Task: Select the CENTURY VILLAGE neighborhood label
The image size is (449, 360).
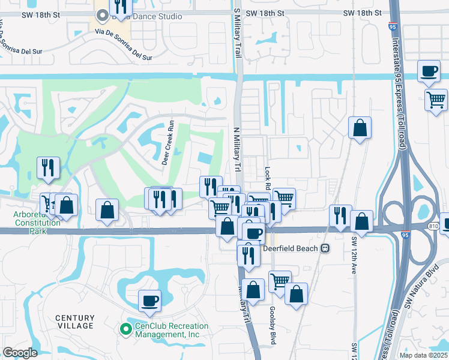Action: pos(75,322)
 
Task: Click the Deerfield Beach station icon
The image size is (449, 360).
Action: pos(325,248)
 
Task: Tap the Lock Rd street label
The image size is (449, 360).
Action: pos(265,172)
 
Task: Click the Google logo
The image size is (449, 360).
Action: pos(19,352)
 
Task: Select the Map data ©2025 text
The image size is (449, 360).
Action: pos(423,355)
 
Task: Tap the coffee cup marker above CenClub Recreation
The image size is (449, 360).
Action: pos(149,300)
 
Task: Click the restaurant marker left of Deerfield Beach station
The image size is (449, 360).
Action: pos(247,255)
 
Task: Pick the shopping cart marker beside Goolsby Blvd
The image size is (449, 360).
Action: pos(280,281)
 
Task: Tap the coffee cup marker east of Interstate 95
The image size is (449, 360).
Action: pos(429,71)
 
